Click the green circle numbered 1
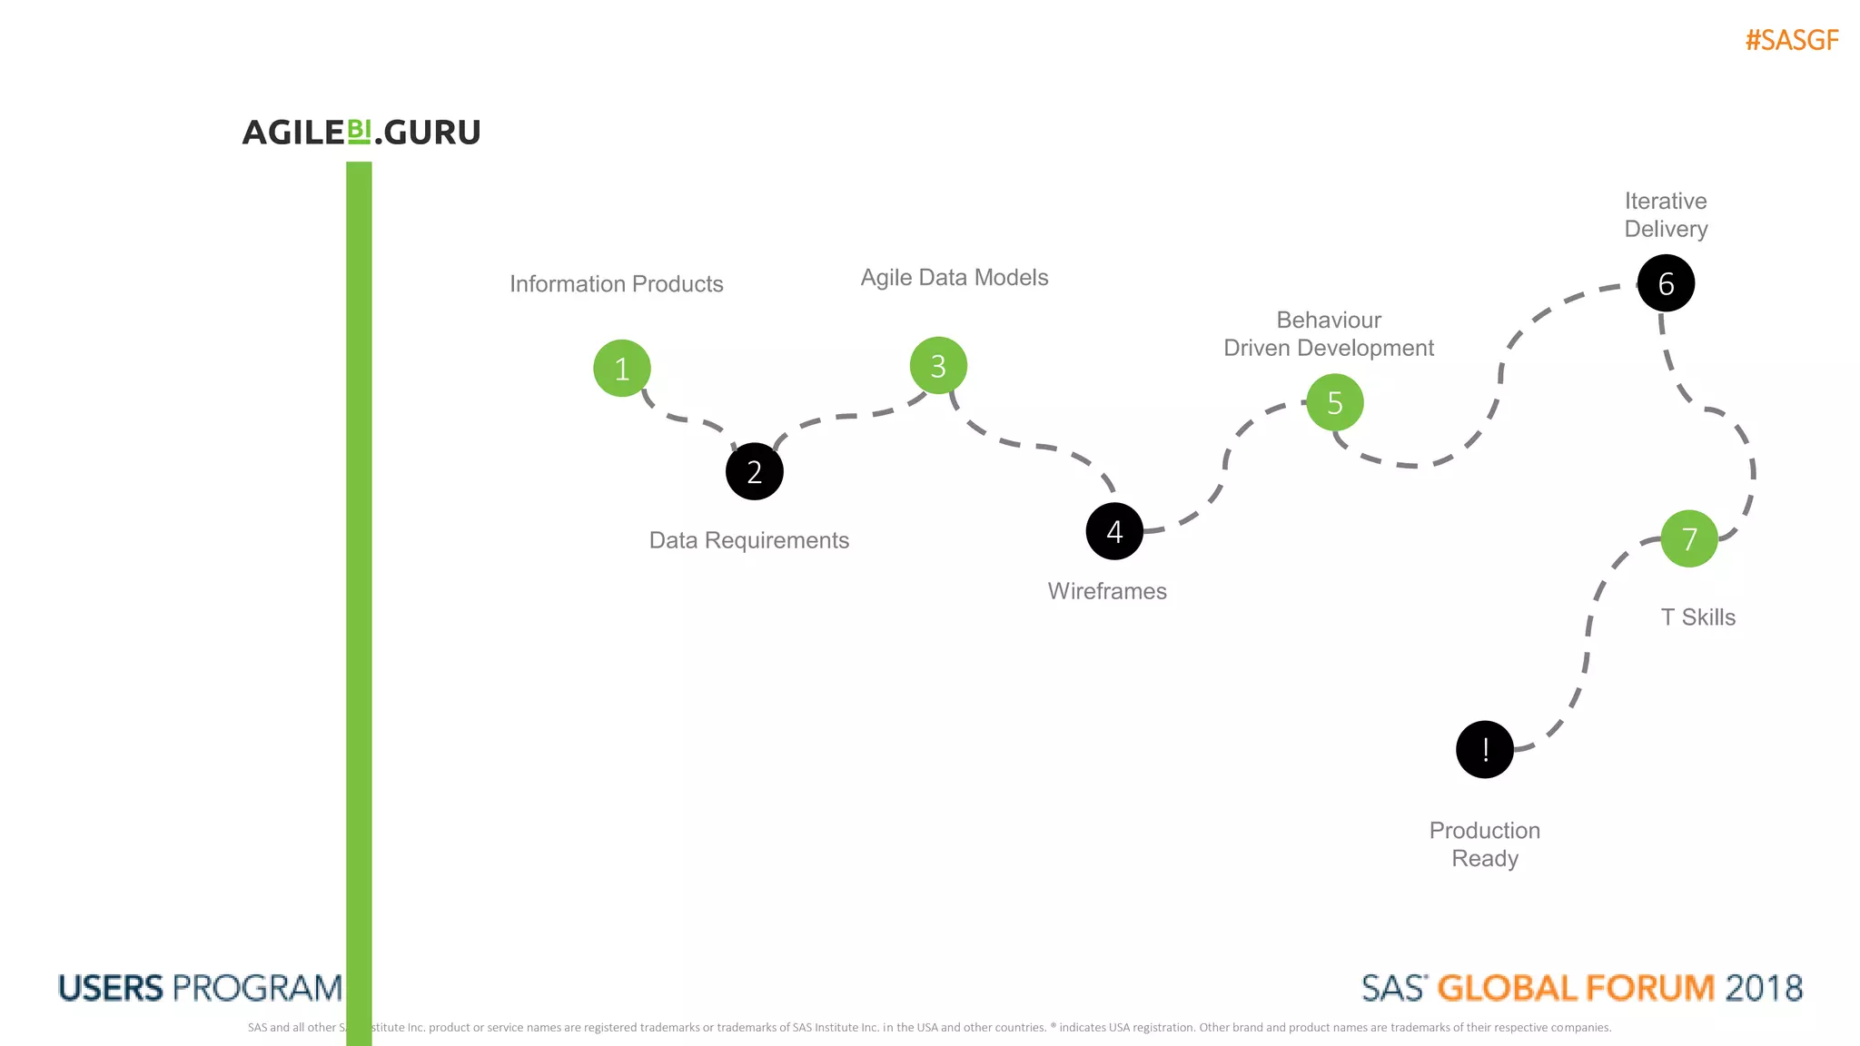coord(622,369)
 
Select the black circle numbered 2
coord(755,471)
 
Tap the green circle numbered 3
coord(938,366)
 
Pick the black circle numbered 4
coord(1114,531)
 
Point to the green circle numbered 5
coord(1334,402)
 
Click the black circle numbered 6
coord(1666,283)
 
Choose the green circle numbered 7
coord(1689,538)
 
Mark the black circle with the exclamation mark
coord(1485,749)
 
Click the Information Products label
coord(617,284)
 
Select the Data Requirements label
coord(749,540)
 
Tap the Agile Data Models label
coord(955,278)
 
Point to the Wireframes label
coord(1107,591)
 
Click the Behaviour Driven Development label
coord(1329,334)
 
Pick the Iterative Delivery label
coord(1666,215)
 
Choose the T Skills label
coord(1698,617)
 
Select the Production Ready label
coord(1485,844)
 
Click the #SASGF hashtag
coord(1792,41)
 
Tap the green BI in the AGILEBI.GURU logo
coord(360,132)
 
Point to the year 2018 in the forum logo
coord(1764,988)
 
